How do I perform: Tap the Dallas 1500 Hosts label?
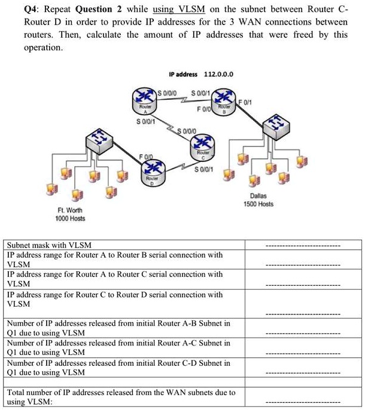tap(258, 200)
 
